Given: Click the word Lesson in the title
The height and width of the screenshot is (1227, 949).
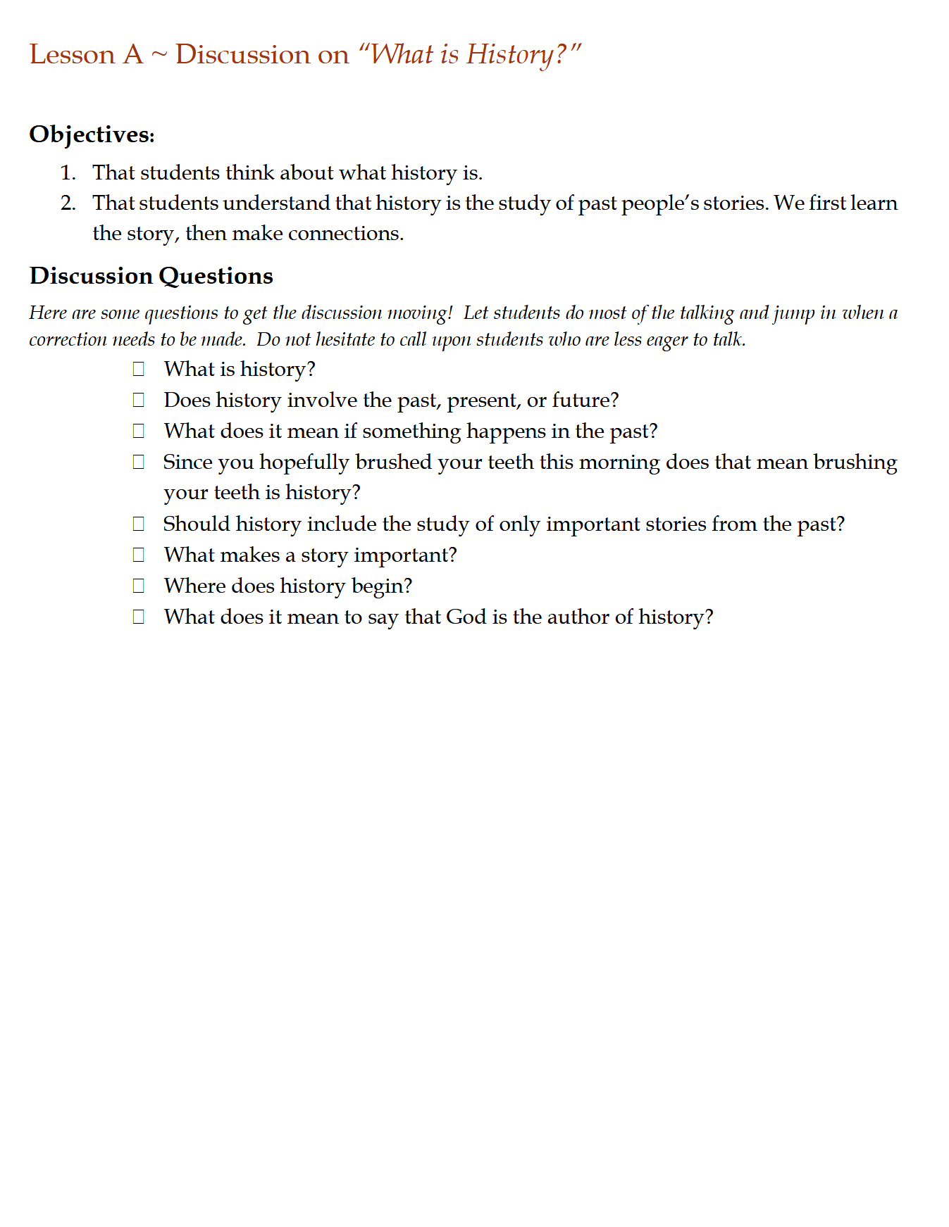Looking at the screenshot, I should [x=72, y=55].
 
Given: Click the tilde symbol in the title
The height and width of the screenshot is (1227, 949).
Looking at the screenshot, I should [x=159, y=55].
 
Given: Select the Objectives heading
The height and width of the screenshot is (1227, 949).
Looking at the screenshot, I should [x=92, y=134].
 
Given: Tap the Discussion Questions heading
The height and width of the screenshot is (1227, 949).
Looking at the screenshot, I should [x=151, y=276].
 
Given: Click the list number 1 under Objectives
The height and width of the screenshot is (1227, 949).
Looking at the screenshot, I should [x=68, y=173].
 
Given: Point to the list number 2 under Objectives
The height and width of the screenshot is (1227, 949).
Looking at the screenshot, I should [x=68, y=203].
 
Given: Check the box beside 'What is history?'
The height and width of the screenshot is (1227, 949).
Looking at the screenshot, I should [x=139, y=369].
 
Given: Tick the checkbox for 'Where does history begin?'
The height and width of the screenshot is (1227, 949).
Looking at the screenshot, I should [x=139, y=586].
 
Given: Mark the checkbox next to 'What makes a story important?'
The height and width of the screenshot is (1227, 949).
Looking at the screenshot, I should [x=139, y=555].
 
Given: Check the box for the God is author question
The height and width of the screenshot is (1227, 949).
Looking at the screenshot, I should [x=139, y=617].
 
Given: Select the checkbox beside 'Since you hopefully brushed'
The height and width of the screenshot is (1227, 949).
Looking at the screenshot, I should [x=139, y=462].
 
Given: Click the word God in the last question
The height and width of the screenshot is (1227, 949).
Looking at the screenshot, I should [x=466, y=617].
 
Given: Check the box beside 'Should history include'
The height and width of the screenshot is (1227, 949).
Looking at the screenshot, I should [x=139, y=524].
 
